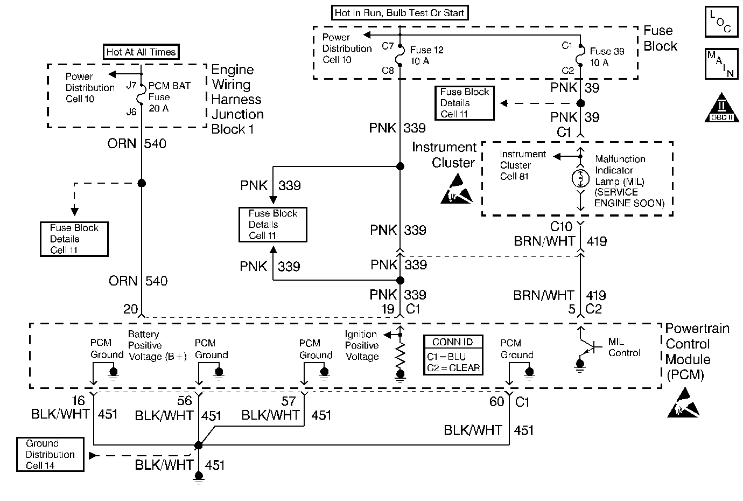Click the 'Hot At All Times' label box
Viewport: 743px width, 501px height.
click(x=141, y=52)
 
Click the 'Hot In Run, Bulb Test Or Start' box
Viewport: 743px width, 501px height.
click(x=399, y=13)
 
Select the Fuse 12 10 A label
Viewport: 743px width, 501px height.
click(x=426, y=55)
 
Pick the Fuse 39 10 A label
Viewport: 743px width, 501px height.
click(x=607, y=57)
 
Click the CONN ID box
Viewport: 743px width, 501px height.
click(x=453, y=355)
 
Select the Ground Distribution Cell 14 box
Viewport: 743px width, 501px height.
click(x=50, y=455)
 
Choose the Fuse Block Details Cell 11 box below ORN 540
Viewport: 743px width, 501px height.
click(x=74, y=239)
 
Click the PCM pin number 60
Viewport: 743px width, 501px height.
click(x=496, y=402)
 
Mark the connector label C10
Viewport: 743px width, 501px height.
click(x=560, y=227)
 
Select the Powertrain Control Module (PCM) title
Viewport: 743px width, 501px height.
click(x=697, y=352)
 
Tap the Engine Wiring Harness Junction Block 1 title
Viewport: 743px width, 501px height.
click(x=237, y=100)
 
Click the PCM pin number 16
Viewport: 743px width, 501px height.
click(x=79, y=401)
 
